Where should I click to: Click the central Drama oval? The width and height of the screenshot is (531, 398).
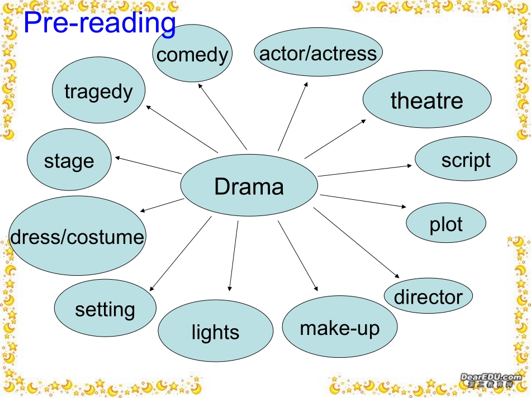[x=249, y=185]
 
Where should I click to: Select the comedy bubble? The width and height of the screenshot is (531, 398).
[x=193, y=54]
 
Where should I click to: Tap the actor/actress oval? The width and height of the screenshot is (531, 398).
[x=319, y=53]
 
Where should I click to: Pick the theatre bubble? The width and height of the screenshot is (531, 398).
[x=427, y=100]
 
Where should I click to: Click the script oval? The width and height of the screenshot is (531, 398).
[x=466, y=160]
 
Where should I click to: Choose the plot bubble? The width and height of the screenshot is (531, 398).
[x=446, y=224]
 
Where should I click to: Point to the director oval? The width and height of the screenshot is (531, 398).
[x=428, y=296]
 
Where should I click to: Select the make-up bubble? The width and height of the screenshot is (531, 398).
[x=340, y=328]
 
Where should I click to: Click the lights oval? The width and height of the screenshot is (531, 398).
[x=215, y=332]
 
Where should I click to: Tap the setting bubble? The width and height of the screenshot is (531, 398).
[x=105, y=309]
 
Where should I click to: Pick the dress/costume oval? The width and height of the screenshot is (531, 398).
[x=77, y=237]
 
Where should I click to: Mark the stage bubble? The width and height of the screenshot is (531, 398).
[x=69, y=161]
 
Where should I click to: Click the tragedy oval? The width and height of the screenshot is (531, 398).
[x=98, y=91]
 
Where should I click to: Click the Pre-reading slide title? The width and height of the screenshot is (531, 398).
[x=99, y=23]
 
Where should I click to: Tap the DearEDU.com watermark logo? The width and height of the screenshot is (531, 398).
[x=491, y=380]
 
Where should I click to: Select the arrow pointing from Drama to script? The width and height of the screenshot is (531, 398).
[x=366, y=170]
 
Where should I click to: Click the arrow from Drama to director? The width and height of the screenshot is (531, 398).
[x=357, y=243]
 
